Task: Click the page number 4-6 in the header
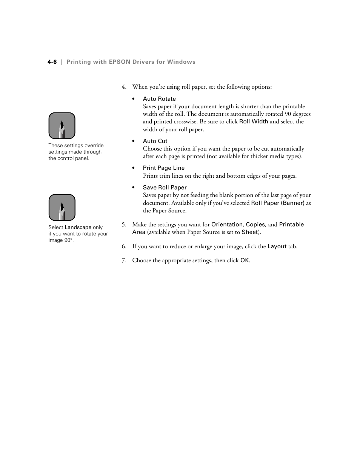[x=52, y=62]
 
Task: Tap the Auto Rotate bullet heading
[x=159, y=99]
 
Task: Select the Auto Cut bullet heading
[x=155, y=141]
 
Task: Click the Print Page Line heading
[x=164, y=168]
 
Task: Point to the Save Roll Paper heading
[x=165, y=188]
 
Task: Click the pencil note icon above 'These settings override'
[x=62, y=126]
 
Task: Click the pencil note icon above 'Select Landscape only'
[x=62, y=208]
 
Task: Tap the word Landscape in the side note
[x=78, y=228]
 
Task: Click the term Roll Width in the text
[x=254, y=121]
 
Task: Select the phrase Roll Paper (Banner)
[x=278, y=203]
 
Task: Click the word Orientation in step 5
[x=227, y=225]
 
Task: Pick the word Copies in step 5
[x=256, y=225]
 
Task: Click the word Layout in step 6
[x=277, y=246]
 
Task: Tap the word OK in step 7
[x=245, y=260]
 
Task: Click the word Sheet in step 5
[x=250, y=232]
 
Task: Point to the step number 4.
[x=123, y=87]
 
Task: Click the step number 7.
[x=123, y=260]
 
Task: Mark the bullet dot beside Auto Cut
[x=134, y=141]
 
